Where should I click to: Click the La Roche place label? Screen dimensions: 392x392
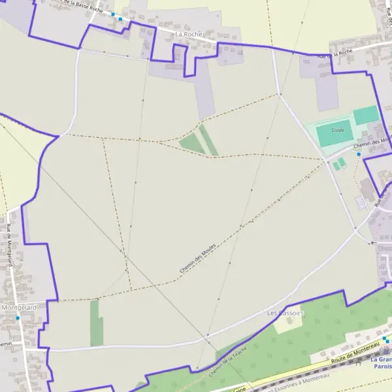coord(189,33)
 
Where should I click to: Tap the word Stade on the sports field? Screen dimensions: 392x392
coord(337,130)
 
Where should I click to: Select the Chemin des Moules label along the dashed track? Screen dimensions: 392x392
coord(198,259)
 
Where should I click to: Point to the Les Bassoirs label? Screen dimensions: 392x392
coord(286,313)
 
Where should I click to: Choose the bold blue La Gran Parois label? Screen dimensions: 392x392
coord(380,363)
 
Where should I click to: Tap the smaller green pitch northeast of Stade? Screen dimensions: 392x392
coord(367,115)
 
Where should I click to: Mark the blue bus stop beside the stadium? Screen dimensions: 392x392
coord(359,154)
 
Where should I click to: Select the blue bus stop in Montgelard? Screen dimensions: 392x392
coord(18,318)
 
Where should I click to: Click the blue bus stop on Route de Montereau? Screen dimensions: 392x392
coord(386,340)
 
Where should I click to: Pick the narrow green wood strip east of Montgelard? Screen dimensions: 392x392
coord(96,323)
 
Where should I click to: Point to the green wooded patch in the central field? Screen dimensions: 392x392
coord(199,140)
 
